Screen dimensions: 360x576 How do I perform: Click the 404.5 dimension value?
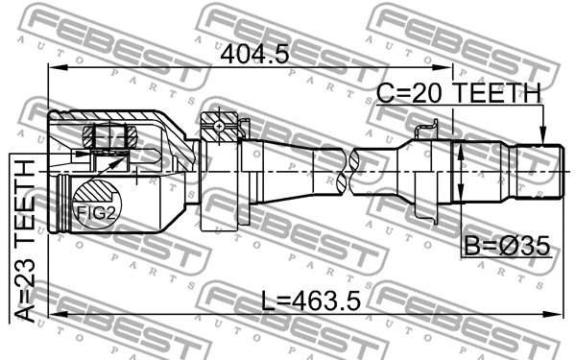pos(254,55)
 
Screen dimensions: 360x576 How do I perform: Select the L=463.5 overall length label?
pos(309,301)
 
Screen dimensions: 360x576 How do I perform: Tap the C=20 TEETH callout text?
pos(458,92)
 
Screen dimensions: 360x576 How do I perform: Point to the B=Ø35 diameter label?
pos(506,247)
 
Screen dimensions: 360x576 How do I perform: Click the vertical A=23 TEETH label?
pos(26,240)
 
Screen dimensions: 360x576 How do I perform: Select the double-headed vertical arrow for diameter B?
pos(460,171)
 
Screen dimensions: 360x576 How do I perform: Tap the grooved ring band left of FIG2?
pos(64,203)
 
